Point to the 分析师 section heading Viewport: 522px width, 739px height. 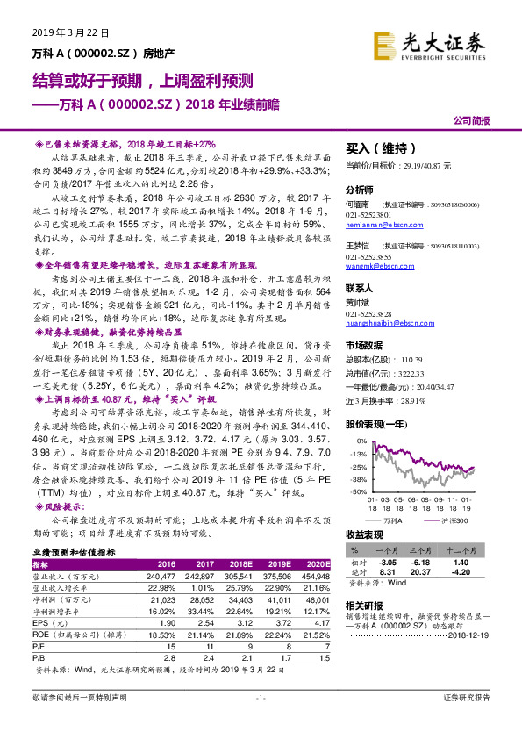pos(360,190)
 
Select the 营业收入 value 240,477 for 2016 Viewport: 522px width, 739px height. pos(165,576)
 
